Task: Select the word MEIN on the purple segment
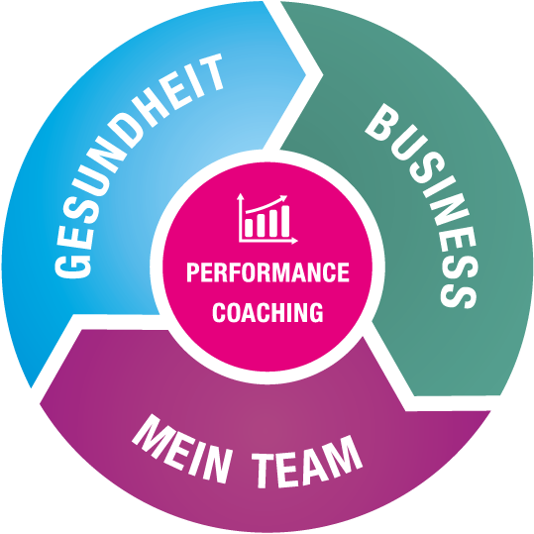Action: click(181, 450)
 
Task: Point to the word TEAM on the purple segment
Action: click(306, 461)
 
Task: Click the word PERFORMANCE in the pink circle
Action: click(267, 272)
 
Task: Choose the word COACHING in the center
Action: click(267, 312)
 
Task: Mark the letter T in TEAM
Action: click(267, 471)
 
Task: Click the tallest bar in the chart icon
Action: click(284, 221)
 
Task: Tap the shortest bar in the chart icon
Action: click(249, 228)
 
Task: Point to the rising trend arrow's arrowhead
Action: click(283, 198)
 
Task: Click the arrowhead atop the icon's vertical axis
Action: click(241, 196)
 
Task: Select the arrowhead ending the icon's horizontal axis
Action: click(294, 241)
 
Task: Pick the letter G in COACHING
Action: click(316, 312)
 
